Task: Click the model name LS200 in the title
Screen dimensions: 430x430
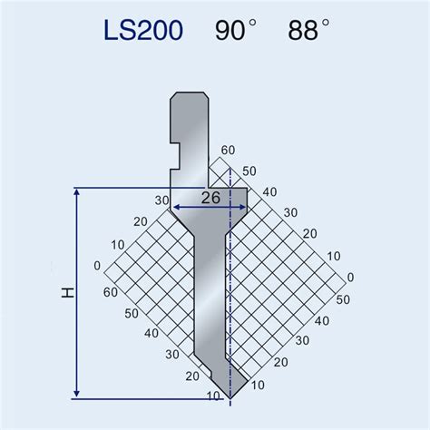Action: [x=143, y=33]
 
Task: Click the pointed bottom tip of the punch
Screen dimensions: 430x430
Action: [x=231, y=397]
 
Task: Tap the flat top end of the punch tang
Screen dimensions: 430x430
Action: [x=189, y=93]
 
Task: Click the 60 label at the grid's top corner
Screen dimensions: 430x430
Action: [x=227, y=151]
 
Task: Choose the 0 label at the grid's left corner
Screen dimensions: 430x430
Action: [x=97, y=267]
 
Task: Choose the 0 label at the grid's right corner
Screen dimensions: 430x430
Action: [x=351, y=278]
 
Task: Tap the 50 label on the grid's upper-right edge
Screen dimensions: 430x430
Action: [x=249, y=171]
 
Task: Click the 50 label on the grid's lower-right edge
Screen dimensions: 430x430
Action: [x=343, y=298]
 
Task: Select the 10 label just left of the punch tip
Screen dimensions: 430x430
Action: [x=211, y=396]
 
